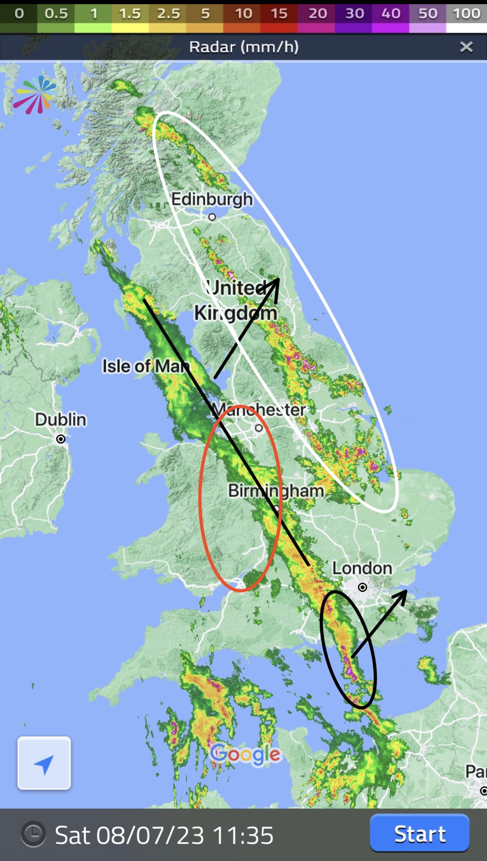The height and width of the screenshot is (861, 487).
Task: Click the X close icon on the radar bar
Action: [466, 47]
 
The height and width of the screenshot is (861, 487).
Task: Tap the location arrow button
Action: [44, 763]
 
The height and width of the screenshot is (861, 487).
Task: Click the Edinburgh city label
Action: [212, 199]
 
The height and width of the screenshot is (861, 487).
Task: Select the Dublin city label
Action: [61, 420]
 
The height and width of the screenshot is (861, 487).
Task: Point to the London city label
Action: [362, 568]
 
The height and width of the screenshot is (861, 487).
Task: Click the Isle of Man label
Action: [146, 366]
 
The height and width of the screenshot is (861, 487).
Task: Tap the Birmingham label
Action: [276, 491]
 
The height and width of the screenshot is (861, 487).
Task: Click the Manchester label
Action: [259, 409]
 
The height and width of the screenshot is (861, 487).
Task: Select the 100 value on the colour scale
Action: [466, 13]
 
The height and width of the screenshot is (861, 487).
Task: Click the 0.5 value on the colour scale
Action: [56, 13]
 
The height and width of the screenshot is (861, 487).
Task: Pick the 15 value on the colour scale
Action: [279, 13]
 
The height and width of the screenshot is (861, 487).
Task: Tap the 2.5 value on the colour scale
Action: [168, 13]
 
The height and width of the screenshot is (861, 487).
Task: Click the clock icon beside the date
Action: [33, 834]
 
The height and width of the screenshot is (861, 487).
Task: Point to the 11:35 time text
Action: [243, 835]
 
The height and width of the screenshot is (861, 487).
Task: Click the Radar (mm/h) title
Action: [244, 47]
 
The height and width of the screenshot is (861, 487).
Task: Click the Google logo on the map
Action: [245, 754]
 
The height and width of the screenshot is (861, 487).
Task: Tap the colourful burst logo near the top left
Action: [34, 95]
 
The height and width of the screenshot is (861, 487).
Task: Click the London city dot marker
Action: [363, 587]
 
